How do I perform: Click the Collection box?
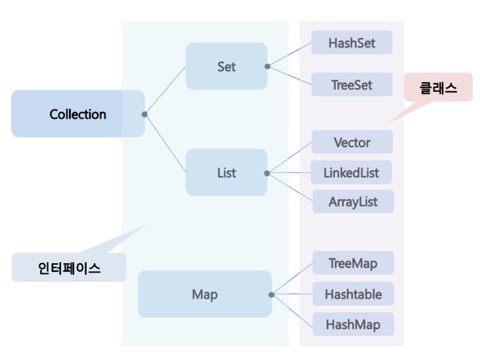pos(78,114)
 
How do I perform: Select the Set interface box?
pos(226,66)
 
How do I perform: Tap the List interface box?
pos(226,173)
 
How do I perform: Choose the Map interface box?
pos(205,294)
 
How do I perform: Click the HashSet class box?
pos(352,43)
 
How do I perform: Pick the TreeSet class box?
pos(352,85)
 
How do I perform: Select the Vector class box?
pos(352,142)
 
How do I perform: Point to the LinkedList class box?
pos(352,173)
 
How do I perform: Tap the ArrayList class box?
pos(352,201)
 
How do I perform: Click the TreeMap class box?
pos(353,263)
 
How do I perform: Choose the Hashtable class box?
pos(353,294)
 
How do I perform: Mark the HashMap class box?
pos(353,324)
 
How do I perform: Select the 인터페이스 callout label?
pos(69,268)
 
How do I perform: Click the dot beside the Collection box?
pos(145,115)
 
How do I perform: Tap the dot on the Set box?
pos(267,66)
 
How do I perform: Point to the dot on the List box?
pos(267,173)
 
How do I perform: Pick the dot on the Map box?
pos(271,294)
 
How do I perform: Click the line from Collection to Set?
pos(165,90)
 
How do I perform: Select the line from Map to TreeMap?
pos(292,279)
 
